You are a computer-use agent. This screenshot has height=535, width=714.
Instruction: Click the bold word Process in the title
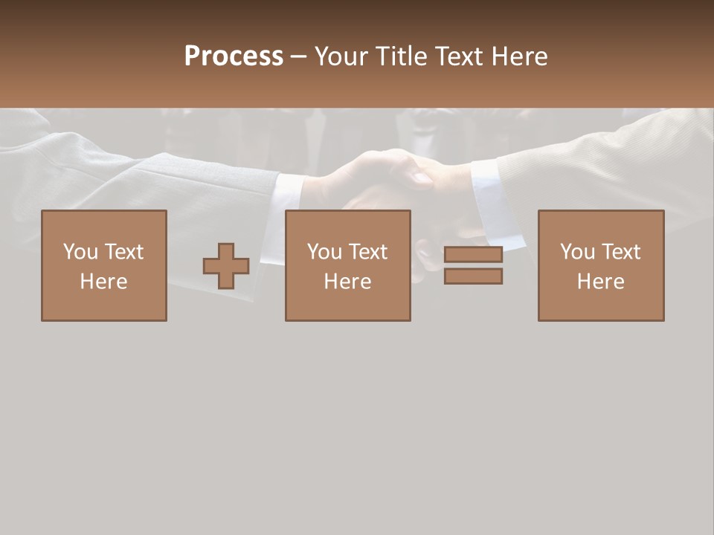[x=234, y=56]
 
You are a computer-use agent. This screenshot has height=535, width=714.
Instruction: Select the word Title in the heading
[x=400, y=56]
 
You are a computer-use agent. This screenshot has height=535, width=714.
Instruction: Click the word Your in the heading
[x=342, y=56]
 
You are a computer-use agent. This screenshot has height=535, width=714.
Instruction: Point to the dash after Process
[x=298, y=56]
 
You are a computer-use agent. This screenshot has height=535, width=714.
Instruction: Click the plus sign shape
[x=226, y=266]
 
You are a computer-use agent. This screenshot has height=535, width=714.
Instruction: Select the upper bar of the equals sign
[x=473, y=255]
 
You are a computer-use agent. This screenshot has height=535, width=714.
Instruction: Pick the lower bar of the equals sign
[x=473, y=276]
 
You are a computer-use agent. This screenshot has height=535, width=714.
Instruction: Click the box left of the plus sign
[x=104, y=265]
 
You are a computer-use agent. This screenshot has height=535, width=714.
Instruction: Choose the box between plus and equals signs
[x=348, y=265]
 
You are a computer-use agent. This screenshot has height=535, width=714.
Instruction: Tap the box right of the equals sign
[x=601, y=265]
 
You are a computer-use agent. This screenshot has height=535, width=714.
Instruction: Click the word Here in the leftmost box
[x=103, y=282]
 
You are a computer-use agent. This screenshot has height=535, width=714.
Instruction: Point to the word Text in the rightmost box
[x=620, y=252]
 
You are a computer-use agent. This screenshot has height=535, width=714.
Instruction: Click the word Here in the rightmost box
[x=600, y=282]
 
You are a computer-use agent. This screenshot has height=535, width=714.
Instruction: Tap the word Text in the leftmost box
[x=123, y=252]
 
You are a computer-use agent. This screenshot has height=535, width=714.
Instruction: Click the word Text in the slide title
[x=459, y=56]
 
